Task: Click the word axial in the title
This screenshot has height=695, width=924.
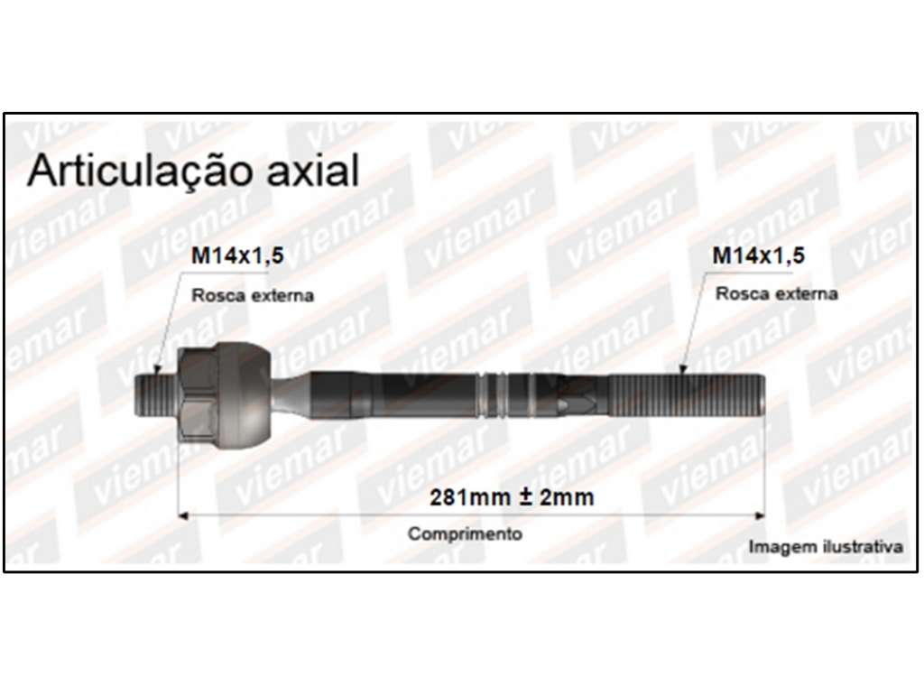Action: [313, 171]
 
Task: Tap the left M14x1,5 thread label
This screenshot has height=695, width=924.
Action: [237, 255]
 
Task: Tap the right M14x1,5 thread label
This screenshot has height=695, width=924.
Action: [758, 255]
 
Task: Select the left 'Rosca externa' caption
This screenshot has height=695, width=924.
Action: [253, 295]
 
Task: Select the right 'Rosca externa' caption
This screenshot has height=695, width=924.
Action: [776, 293]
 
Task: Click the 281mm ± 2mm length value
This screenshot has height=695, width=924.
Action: [512, 497]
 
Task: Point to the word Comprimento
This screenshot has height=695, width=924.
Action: [465, 533]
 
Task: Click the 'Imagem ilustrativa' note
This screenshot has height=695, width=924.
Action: [826, 546]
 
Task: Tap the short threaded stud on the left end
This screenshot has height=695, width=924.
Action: [155, 394]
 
